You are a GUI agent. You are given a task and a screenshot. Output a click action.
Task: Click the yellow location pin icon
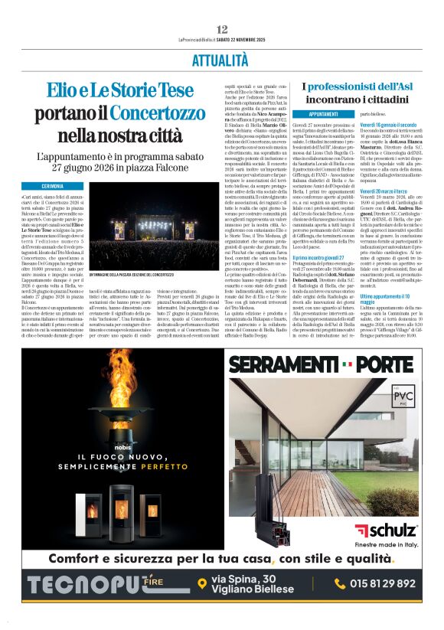tap(201, 584)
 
